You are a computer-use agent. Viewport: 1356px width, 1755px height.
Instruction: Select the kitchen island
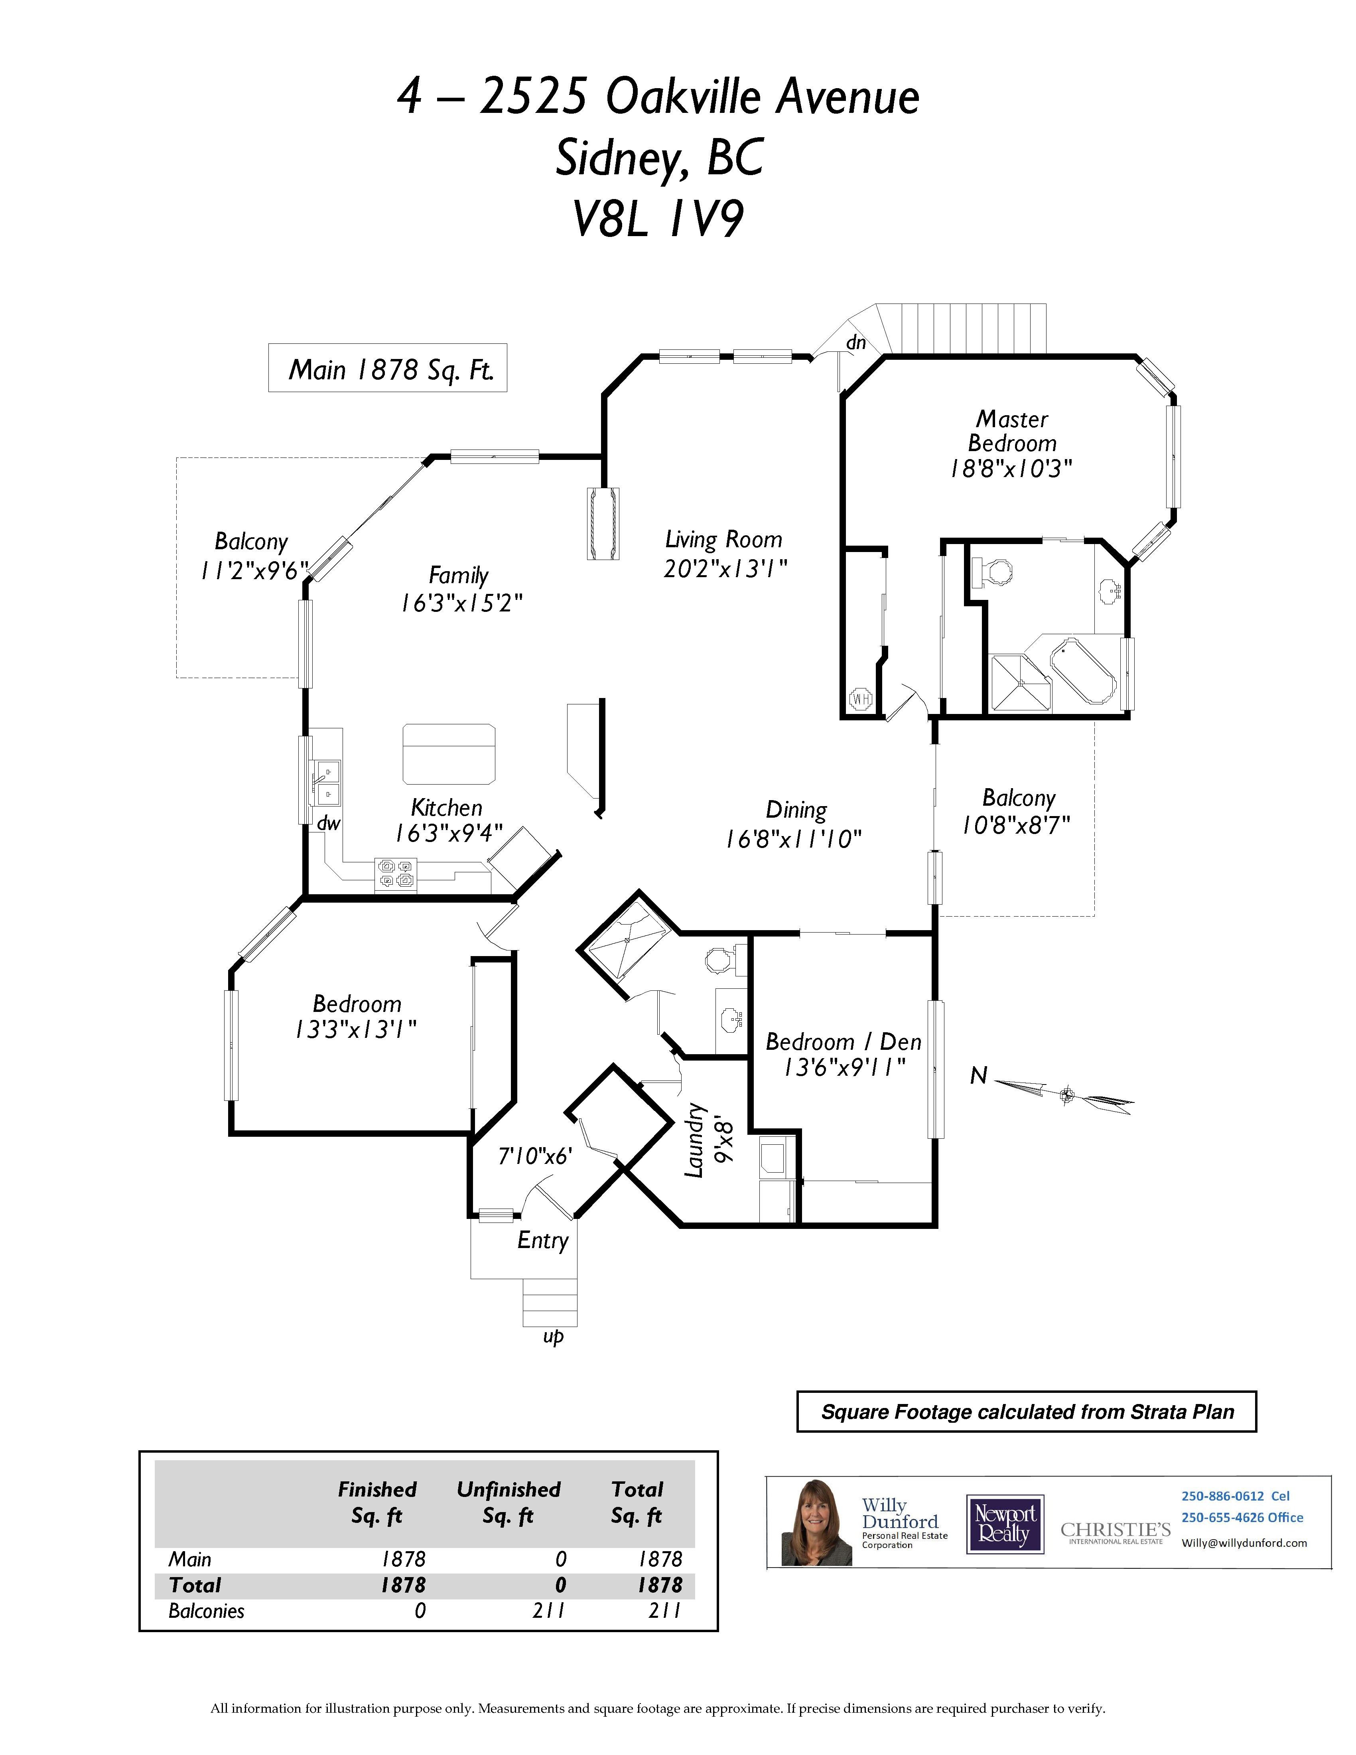point(448,754)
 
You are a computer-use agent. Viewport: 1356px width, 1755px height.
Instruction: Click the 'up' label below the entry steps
point(553,1336)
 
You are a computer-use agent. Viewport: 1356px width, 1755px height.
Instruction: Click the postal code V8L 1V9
point(658,219)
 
